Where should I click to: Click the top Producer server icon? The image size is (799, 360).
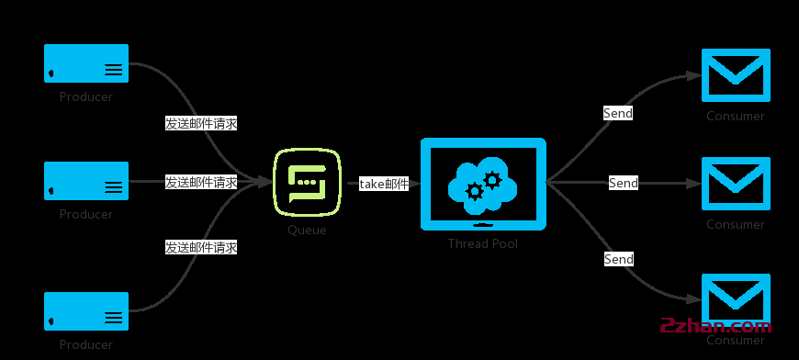[x=86, y=62]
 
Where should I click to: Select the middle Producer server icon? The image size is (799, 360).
[x=86, y=181]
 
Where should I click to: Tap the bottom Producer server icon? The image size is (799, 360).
[x=86, y=311]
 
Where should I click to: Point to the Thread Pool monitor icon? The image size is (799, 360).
[x=483, y=184]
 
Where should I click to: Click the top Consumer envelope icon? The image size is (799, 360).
[x=736, y=75]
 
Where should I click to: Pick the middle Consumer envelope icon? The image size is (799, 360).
[x=736, y=184]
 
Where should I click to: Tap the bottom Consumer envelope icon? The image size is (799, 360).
[x=736, y=299]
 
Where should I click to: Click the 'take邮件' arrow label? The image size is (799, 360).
[x=384, y=184]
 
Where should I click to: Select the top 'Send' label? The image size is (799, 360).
[x=618, y=113]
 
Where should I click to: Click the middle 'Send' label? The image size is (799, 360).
[x=624, y=183]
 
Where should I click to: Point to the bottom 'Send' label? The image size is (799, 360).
[x=619, y=259]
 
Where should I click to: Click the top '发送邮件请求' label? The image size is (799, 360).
[x=201, y=123]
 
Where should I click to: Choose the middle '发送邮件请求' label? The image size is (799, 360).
[x=201, y=182]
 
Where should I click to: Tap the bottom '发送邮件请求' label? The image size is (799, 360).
[x=201, y=247]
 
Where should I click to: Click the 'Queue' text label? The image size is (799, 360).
[x=307, y=231]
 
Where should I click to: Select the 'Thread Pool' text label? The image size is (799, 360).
[x=483, y=243]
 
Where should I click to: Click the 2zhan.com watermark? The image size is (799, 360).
[x=716, y=326]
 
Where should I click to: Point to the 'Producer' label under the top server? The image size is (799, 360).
[x=86, y=96]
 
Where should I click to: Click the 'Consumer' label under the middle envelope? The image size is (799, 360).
[x=736, y=224]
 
